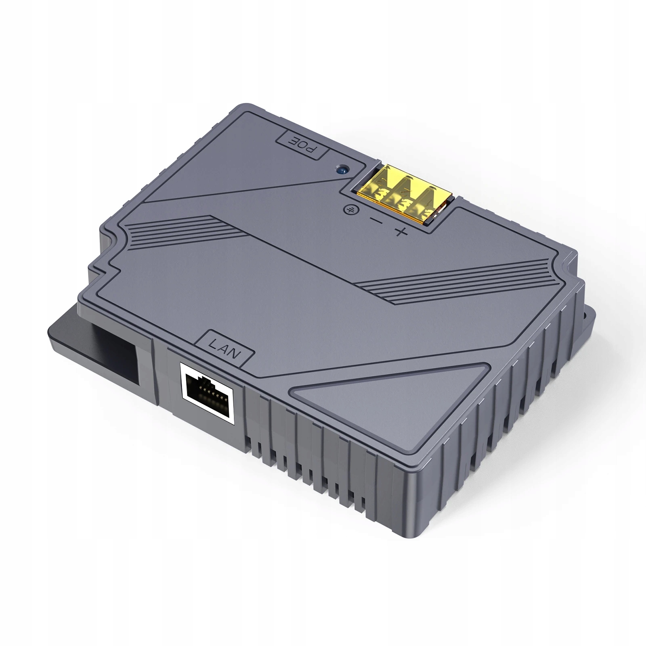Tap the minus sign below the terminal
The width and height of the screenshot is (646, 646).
(x=376, y=221)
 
